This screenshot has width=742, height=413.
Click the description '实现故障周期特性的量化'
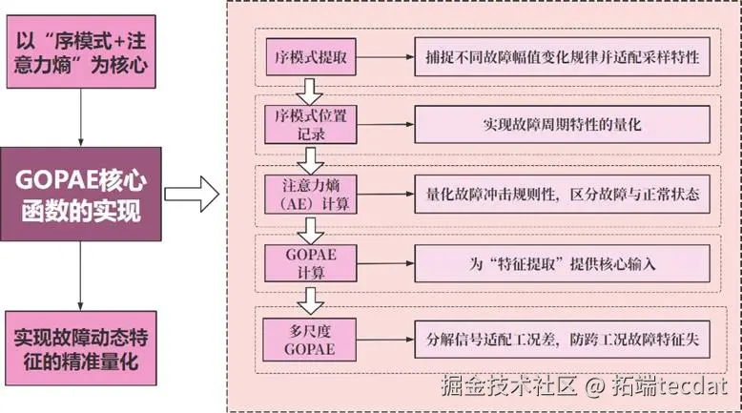563,125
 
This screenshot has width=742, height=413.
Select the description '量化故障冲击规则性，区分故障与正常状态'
563,192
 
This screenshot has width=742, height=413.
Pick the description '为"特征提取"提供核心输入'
563,258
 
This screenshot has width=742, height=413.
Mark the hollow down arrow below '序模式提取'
308,92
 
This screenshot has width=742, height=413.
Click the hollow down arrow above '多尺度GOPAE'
308,299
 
